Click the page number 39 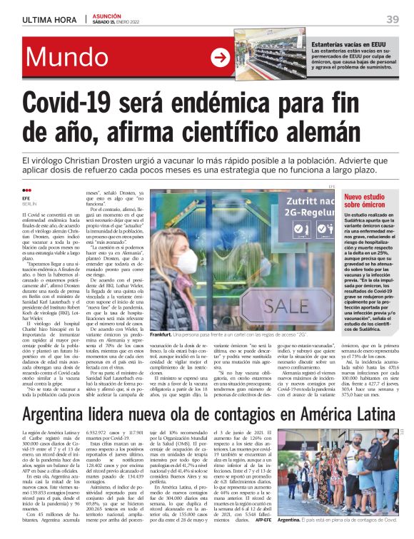(x=392, y=19)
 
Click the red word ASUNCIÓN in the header (x=107, y=15)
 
